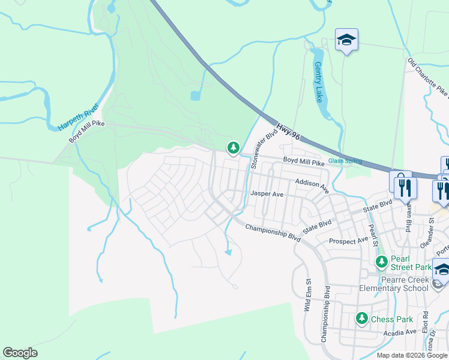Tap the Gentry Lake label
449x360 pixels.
318,82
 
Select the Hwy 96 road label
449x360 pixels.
288,133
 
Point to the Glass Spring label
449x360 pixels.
345,161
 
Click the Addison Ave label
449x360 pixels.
312,185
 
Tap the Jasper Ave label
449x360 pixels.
267,194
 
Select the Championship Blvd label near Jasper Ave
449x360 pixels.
273,230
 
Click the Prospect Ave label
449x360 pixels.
349,241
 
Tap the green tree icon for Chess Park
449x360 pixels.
361,318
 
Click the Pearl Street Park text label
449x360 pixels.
411,263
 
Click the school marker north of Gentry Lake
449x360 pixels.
346,40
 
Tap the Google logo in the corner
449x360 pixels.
20,353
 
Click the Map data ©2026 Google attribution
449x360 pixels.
412,355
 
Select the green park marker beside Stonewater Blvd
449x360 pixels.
233,147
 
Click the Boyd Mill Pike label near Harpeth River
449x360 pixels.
87,131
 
